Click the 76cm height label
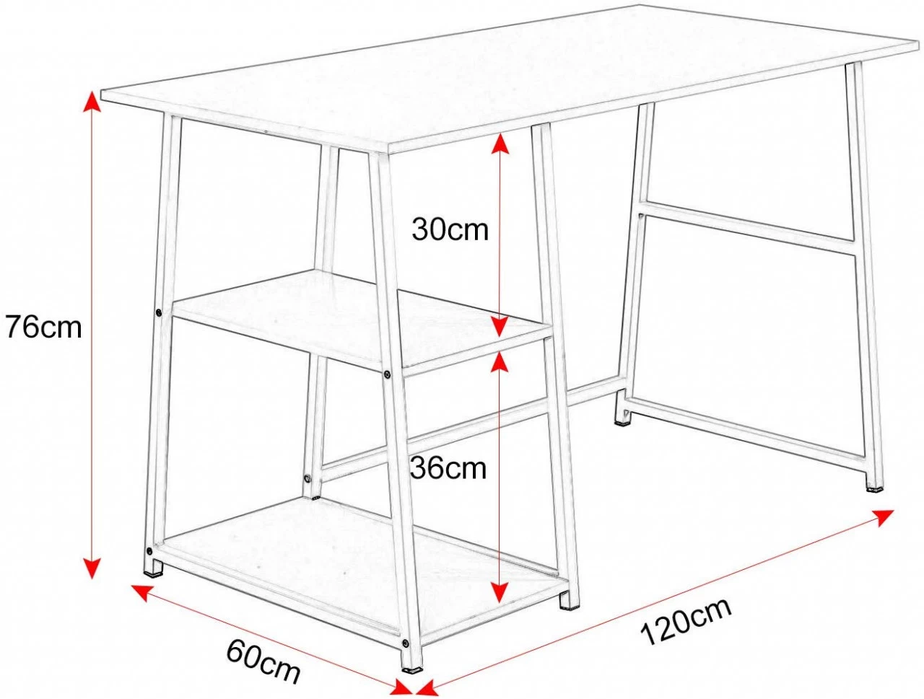click(x=44, y=327)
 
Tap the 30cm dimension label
click(x=450, y=229)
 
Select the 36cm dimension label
click(x=448, y=468)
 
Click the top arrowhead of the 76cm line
click(x=92, y=102)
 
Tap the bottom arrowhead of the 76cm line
click(x=92, y=568)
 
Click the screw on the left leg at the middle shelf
click(x=158, y=312)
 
